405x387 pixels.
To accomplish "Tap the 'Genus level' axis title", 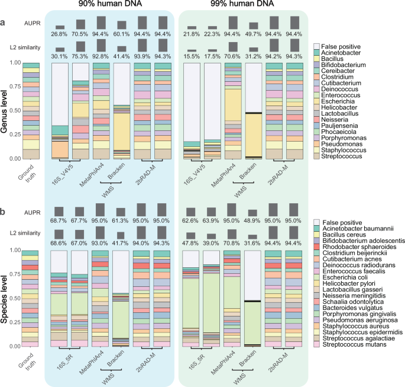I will point(6,111).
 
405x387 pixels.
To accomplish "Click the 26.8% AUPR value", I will point(59,34).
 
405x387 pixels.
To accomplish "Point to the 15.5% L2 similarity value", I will point(192,56).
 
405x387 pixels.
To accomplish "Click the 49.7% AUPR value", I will point(254,34).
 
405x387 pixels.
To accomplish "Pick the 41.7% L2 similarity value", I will point(122,244).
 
